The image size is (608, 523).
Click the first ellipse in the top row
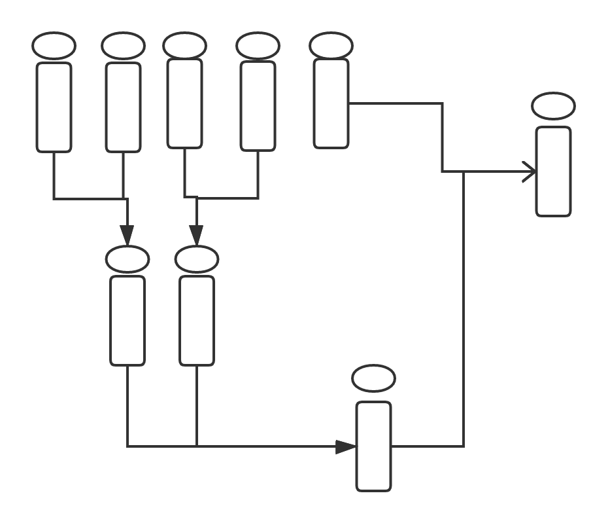54,46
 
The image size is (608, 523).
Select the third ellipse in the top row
184,46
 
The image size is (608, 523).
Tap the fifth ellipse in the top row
331,46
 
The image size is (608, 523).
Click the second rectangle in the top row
123,107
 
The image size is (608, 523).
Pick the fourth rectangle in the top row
258,106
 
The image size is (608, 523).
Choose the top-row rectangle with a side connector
331,103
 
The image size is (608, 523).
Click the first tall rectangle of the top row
54,107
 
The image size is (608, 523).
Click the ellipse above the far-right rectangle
553,106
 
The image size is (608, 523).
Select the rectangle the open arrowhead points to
553,171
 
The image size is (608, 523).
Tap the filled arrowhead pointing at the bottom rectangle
346,447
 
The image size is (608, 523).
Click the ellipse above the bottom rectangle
373,378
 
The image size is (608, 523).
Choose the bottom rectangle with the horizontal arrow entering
373,446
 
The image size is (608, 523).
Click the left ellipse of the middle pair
127,259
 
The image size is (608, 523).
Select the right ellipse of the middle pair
197,259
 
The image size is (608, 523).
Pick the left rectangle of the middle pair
127,320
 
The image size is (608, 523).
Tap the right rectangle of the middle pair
197,320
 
